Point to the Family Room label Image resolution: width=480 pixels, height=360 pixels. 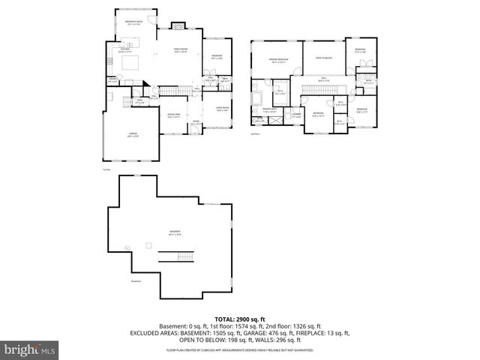pos(180,50)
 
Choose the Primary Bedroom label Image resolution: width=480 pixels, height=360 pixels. pos(279,59)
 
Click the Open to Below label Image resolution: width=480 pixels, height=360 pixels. pos(324,58)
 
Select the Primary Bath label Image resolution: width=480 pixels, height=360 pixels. pos(268,110)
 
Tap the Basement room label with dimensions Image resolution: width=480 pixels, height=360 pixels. pos(175,232)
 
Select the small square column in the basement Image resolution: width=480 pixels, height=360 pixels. pos(148,245)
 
